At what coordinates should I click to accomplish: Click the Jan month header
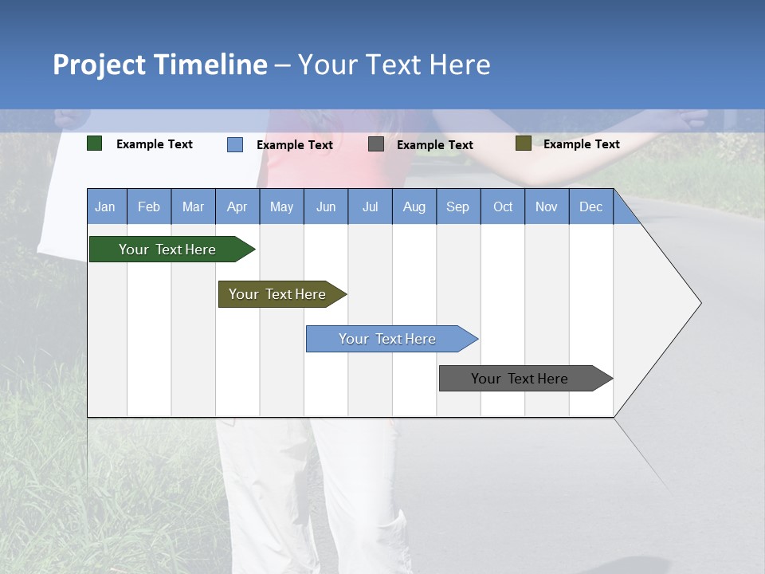(106, 206)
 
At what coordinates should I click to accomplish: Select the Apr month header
(237, 206)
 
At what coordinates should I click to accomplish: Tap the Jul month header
(370, 206)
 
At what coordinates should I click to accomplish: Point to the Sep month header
(458, 206)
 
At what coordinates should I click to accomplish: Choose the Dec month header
(590, 206)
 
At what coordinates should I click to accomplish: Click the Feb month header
(149, 206)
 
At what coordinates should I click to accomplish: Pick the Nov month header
(547, 206)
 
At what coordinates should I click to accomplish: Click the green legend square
(95, 143)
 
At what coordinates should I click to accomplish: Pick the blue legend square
(235, 144)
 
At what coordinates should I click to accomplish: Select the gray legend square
(376, 144)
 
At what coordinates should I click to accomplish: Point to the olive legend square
(523, 143)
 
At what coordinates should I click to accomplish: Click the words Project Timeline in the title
(160, 65)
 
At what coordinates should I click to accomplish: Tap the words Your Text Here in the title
(394, 65)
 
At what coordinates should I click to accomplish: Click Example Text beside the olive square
(581, 144)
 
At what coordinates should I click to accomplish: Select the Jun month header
(326, 206)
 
